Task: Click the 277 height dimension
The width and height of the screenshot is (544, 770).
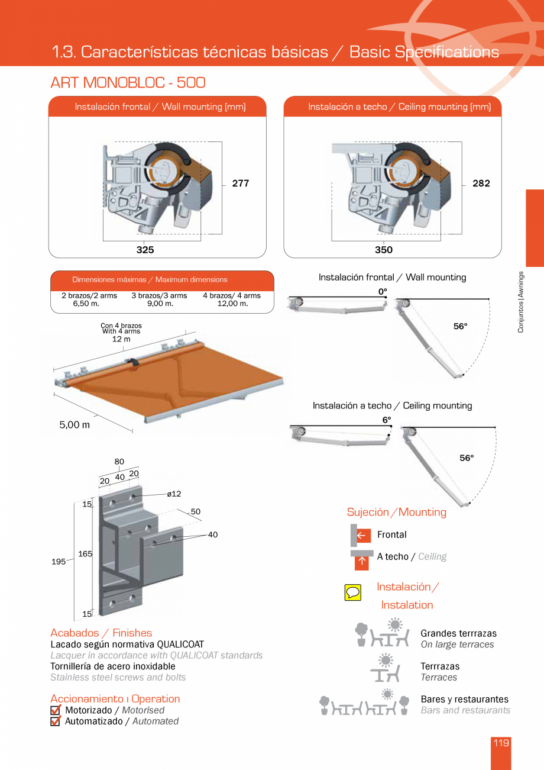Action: pos(240,183)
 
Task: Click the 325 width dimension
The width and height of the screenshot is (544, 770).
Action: pos(145,250)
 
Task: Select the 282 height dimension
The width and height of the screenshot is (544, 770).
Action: pos(481,183)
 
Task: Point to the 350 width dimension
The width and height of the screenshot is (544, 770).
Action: pos(383,250)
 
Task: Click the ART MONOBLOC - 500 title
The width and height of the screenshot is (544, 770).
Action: pos(128,82)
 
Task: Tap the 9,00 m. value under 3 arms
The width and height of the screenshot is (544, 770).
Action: pos(160,304)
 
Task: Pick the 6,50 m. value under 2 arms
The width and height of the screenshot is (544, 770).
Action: pos(86,304)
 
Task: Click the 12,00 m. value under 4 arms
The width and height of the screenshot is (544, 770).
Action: pos(233,304)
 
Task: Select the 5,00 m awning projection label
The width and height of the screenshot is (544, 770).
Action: pos(75,425)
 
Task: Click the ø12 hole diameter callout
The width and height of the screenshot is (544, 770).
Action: pos(174,494)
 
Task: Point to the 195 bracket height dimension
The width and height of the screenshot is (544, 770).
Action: pos(59,562)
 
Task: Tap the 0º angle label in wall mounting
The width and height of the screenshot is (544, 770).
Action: pos(383,291)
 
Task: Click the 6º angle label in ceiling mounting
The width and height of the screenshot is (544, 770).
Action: pos(387,420)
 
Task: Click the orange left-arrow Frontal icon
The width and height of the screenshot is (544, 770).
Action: pos(362,536)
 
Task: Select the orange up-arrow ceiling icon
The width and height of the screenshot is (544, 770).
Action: pos(361,562)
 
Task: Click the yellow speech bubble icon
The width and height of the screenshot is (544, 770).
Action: pos(352,591)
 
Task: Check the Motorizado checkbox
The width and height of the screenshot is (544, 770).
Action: pos(56,710)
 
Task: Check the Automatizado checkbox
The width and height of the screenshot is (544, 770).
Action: pos(56,721)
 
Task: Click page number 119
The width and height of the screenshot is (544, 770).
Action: pos(501,743)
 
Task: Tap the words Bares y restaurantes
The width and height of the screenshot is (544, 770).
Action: pos(464,699)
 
